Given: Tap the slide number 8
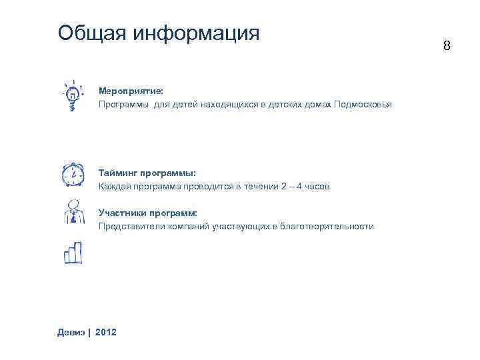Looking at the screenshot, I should pyautogui.click(x=447, y=46).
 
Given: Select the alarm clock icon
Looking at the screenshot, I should pyautogui.click(x=72, y=174).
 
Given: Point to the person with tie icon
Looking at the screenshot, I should pyautogui.click(x=72, y=213).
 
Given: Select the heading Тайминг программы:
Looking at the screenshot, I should pyautogui.click(x=147, y=173).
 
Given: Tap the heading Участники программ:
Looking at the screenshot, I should pyautogui.click(x=148, y=213).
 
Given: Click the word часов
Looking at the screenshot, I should pyautogui.click(x=317, y=187).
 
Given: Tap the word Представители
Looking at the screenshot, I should pyautogui.click(x=131, y=227).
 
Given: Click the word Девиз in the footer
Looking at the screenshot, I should pyautogui.click(x=71, y=331).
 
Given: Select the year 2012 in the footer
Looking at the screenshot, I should pyautogui.click(x=106, y=331).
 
